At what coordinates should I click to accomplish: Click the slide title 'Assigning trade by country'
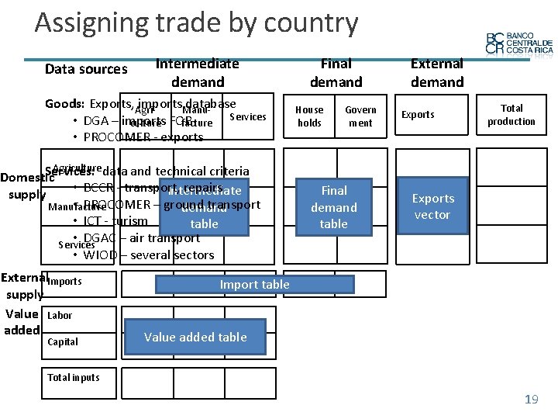196,23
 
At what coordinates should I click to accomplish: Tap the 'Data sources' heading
86,69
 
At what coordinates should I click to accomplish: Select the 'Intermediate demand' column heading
198,73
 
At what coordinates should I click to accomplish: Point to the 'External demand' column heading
436,73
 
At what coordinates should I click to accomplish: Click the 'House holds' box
309,116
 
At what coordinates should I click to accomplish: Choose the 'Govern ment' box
360,116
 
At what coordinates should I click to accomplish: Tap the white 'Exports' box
418,115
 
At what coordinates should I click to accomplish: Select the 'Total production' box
511,115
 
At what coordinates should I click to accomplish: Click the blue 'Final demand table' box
334,206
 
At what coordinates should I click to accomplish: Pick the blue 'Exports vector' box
432,206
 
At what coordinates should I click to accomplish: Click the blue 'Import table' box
254,285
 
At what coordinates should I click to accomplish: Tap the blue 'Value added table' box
195,337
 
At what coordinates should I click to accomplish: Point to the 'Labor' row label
60,315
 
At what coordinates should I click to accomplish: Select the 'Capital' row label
63,341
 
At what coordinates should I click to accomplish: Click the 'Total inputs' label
74,378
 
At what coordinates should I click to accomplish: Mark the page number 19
531,400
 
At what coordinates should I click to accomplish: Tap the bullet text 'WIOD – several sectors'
149,255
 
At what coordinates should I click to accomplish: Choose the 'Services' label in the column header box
248,117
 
